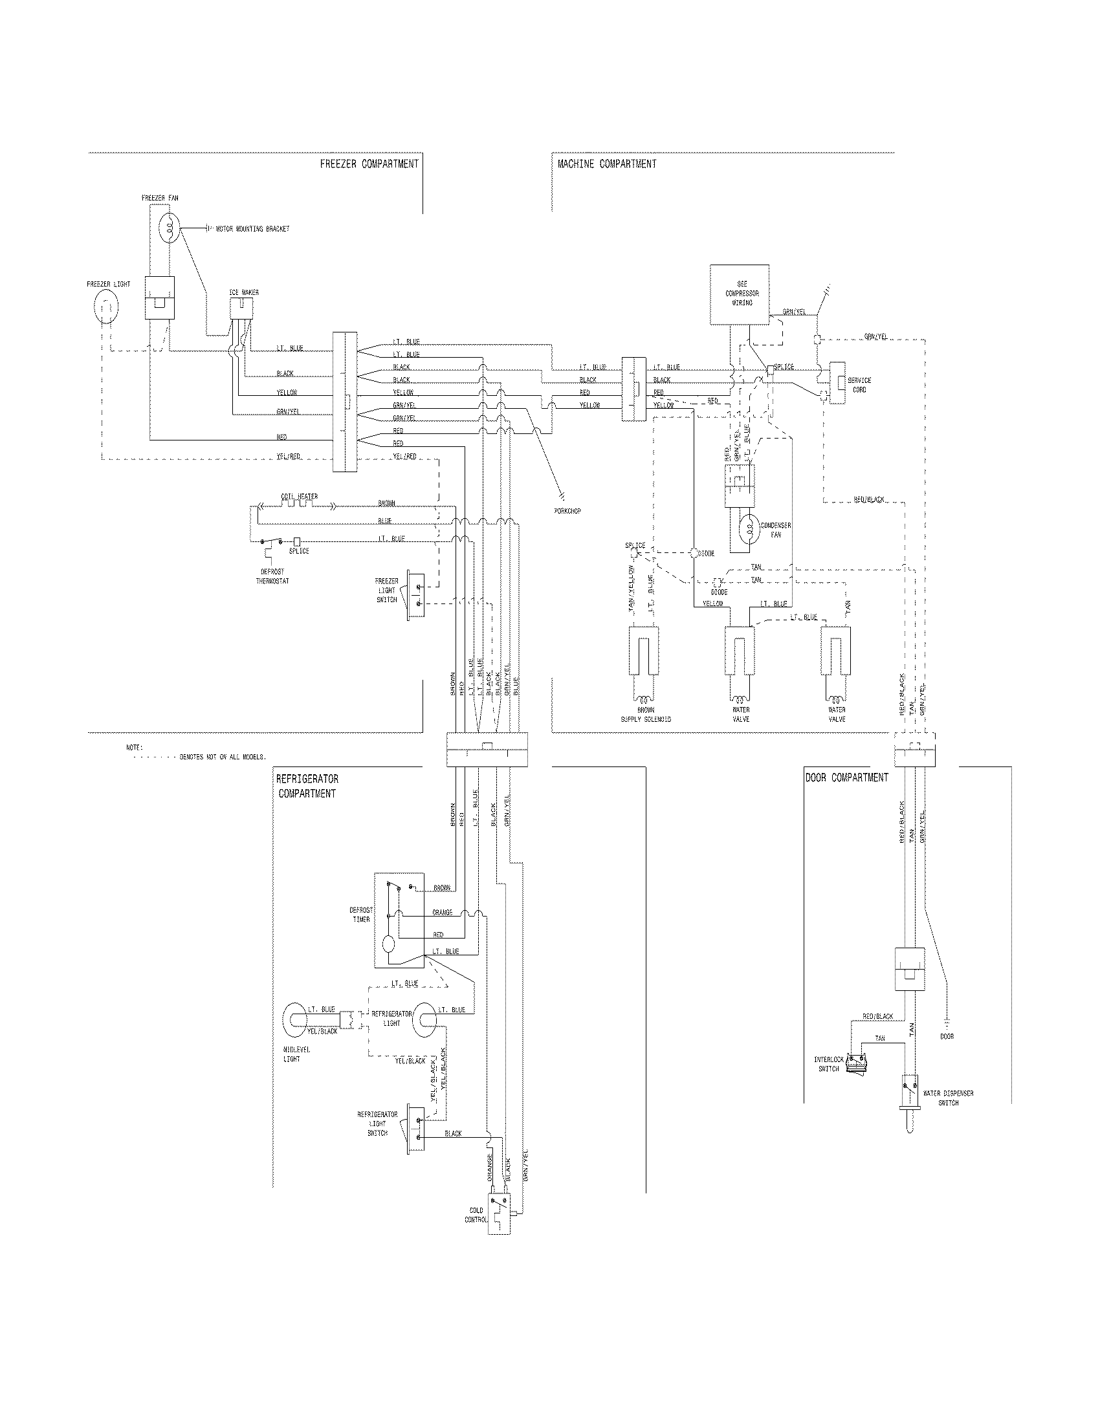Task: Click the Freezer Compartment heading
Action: click(x=369, y=164)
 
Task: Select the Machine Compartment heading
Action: click(x=607, y=164)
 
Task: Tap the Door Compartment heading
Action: click(x=846, y=777)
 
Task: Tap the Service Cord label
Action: click(x=859, y=385)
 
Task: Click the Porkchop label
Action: click(x=565, y=511)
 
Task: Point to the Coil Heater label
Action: click(x=299, y=497)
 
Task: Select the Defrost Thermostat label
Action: click(x=272, y=576)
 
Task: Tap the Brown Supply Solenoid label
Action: click(x=646, y=715)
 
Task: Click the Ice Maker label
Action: click(x=244, y=292)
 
